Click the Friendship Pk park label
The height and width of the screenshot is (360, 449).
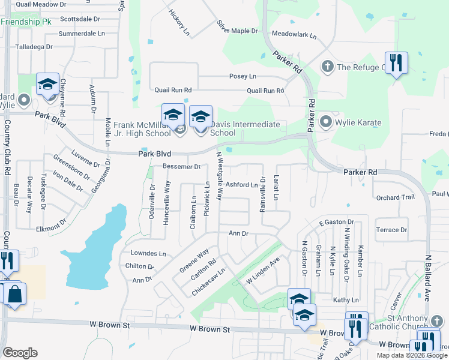click(26, 22)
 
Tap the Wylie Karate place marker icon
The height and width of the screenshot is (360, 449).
click(327, 122)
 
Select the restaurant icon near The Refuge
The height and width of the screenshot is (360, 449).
click(396, 62)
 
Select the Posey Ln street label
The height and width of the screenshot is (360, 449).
click(243, 77)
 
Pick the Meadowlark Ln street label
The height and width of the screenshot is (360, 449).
click(294, 35)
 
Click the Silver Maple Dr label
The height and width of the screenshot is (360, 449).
click(237, 28)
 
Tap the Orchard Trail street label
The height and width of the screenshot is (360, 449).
click(395, 197)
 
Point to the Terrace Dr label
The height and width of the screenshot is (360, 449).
click(391, 230)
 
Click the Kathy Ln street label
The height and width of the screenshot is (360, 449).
click(345, 299)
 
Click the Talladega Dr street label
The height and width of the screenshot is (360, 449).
click(34, 46)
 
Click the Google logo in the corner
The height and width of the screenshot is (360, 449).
click(20, 353)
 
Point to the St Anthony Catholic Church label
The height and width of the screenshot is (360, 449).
click(416, 322)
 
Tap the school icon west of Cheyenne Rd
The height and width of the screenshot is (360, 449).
click(47, 85)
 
